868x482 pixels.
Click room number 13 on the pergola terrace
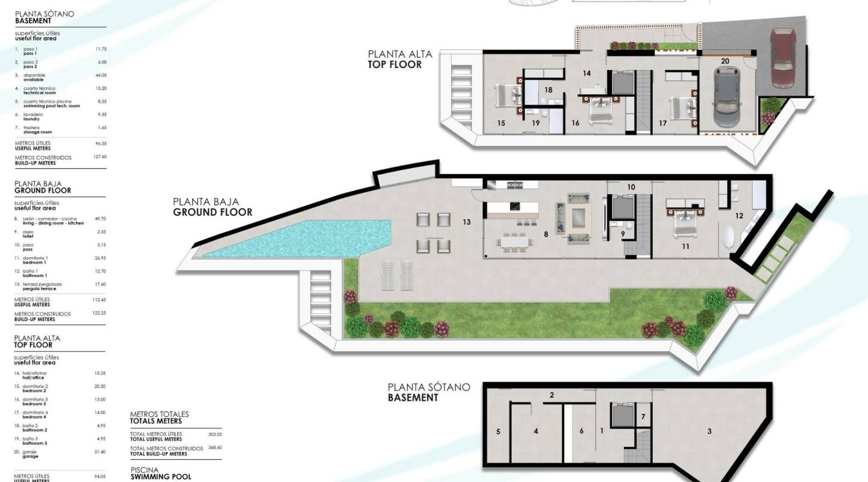pos(467,222)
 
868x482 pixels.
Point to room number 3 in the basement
pos(709,431)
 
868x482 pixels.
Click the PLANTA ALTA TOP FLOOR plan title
pos(400,59)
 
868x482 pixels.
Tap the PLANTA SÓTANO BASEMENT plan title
pos(429,392)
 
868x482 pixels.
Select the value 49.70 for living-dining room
pos(101,219)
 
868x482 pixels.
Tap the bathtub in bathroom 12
pos(731,239)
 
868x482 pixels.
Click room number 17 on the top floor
pos(663,123)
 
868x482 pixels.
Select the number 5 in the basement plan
pos(498,431)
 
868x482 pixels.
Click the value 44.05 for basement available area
pos(101,75)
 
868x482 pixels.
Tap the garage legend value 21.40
pos(100,452)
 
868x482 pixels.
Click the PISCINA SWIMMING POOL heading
pos(161,473)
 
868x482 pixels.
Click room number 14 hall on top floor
pos(587,74)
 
